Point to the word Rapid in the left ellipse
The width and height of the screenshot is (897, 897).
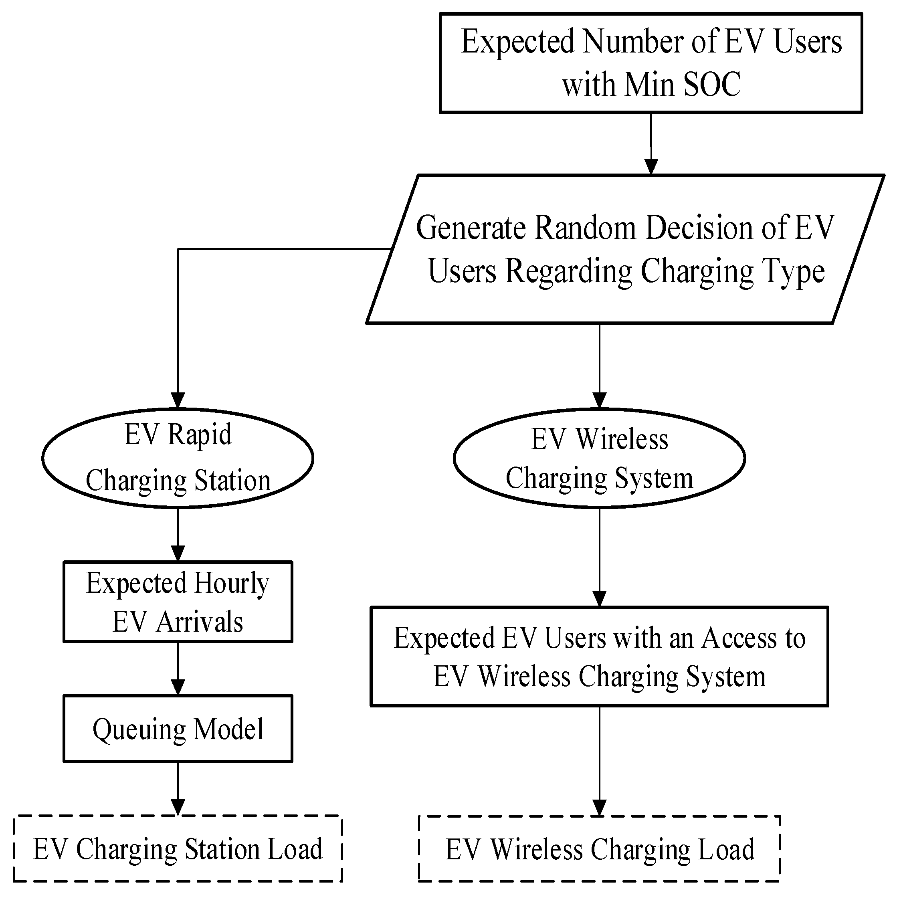(200, 435)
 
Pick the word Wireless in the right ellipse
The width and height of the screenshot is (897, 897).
(622, 439)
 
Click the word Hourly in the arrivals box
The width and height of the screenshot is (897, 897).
(231, 584)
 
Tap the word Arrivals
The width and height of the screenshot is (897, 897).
(200, 622)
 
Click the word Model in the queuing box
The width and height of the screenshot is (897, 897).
(228, 729)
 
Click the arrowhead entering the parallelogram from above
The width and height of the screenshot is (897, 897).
(651, 166)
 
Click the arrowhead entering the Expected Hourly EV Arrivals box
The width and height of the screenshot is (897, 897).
(178, 553)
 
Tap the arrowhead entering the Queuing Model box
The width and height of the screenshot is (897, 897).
(178, 687)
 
